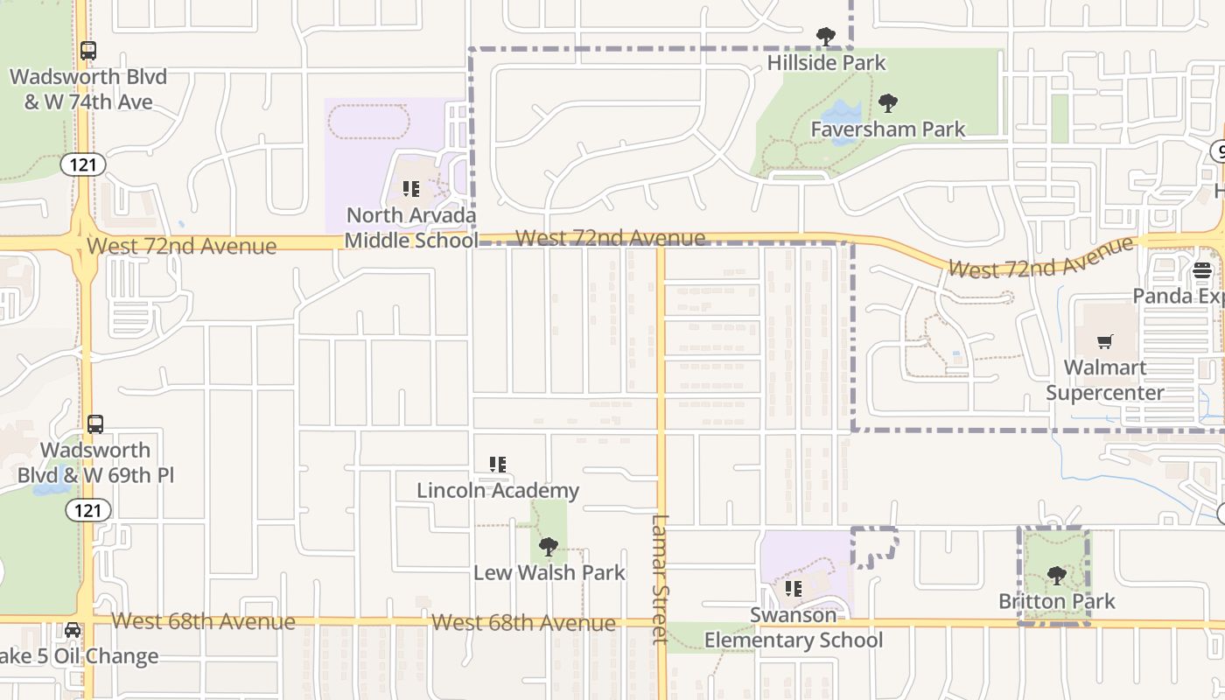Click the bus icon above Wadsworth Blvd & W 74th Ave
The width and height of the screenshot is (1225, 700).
(x=88, y=51)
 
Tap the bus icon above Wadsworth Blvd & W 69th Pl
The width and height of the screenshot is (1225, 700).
(x=95, y=424)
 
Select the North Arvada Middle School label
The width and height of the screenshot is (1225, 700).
(x=411, y=227)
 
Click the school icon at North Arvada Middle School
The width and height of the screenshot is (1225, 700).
(x=411, y=188)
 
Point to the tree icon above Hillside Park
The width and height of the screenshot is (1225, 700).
(x=825, y=37)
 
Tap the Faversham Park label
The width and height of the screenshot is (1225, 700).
(x=887, y=129)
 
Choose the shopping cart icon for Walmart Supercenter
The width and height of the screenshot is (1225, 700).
(x=1106, y=341)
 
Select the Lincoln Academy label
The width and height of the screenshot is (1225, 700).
(x=498, y=491)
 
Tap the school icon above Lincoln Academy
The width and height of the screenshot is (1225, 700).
(x=498, y=464)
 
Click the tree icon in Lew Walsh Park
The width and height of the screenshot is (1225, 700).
(x=549, y=547)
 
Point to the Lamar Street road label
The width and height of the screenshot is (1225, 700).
(x=660, y=577)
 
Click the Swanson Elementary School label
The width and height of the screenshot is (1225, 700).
(x=794, y=628)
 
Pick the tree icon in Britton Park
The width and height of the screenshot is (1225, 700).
(x=1057, y=575)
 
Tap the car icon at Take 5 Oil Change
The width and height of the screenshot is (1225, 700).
(x=73, y=630)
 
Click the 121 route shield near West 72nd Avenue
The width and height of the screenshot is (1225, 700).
(x=83, y=164)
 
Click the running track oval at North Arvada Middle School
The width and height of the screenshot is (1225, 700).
(x=368, y=122)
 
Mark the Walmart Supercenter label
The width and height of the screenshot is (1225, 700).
(x=1105, y=380)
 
